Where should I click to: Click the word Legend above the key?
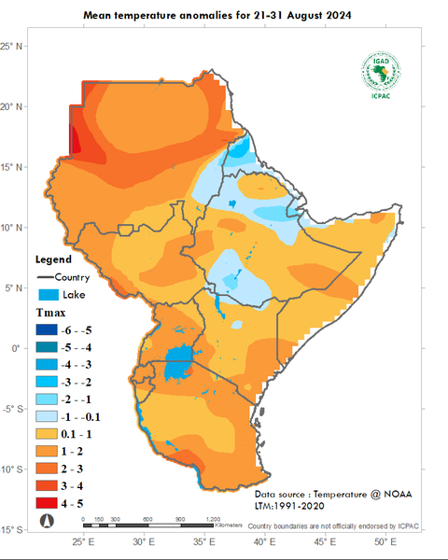pos(53,259)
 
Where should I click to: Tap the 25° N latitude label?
pos(11,46)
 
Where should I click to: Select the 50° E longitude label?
pos(383,542)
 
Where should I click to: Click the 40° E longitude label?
pos(262,542)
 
